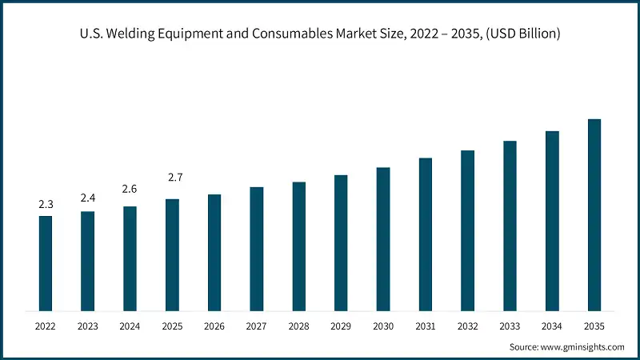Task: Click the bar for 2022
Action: (46, 263)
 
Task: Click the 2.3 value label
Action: (46, 205)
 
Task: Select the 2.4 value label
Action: (88, 198)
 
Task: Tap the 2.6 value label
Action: (130, 189)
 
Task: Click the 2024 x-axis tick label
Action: (130, 326)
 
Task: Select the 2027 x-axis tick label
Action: (257, 326)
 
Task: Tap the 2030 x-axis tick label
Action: (383, 326)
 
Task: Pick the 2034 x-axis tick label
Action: (552, 326)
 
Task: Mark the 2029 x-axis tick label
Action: (341, 326)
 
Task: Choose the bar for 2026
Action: (214, 252)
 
